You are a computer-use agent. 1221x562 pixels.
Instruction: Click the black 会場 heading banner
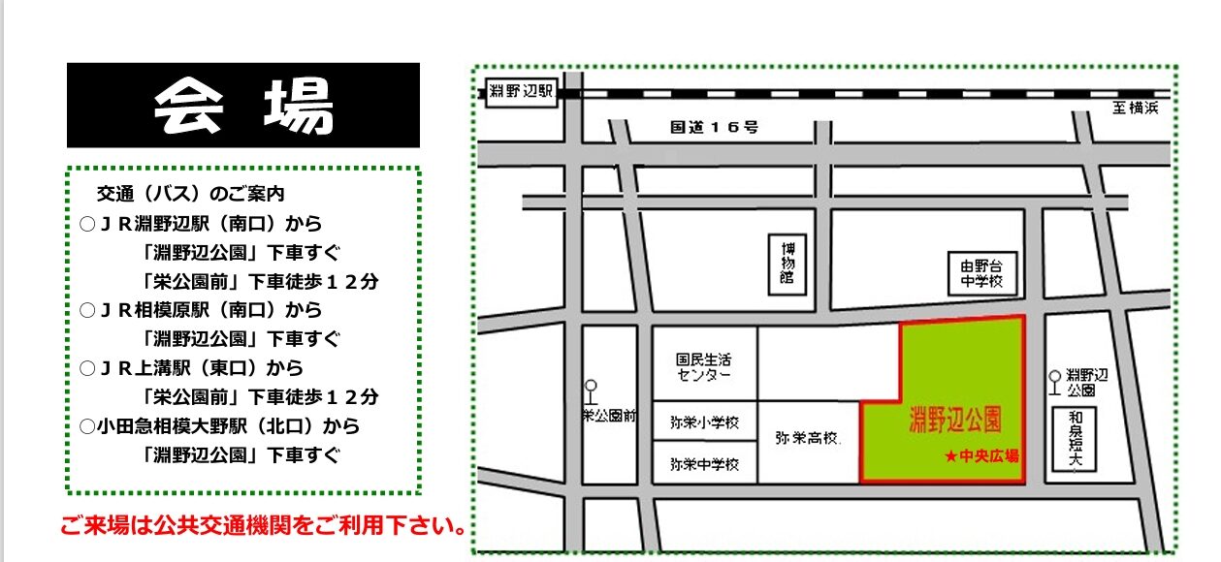click(x=242, y=105)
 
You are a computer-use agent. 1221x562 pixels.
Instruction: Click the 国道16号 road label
click(x=715, y=127)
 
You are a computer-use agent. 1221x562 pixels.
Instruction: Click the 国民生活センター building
click(x=704, y=365)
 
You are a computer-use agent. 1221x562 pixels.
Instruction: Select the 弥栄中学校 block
click(x=704, y=462)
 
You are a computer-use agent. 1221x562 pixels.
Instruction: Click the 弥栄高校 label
click(x=807, y=438)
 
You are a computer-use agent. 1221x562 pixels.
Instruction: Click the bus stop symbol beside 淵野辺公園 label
click(x=1055, y=379)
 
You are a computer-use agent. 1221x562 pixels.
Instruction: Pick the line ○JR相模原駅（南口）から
click(x=201, y=310)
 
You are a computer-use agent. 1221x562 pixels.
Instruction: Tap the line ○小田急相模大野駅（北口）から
click(x=220, y=426)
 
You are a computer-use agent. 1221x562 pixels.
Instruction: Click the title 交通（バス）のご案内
click(x=191, y=194)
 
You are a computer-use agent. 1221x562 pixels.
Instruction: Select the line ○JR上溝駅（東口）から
click(x=192, y=368)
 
